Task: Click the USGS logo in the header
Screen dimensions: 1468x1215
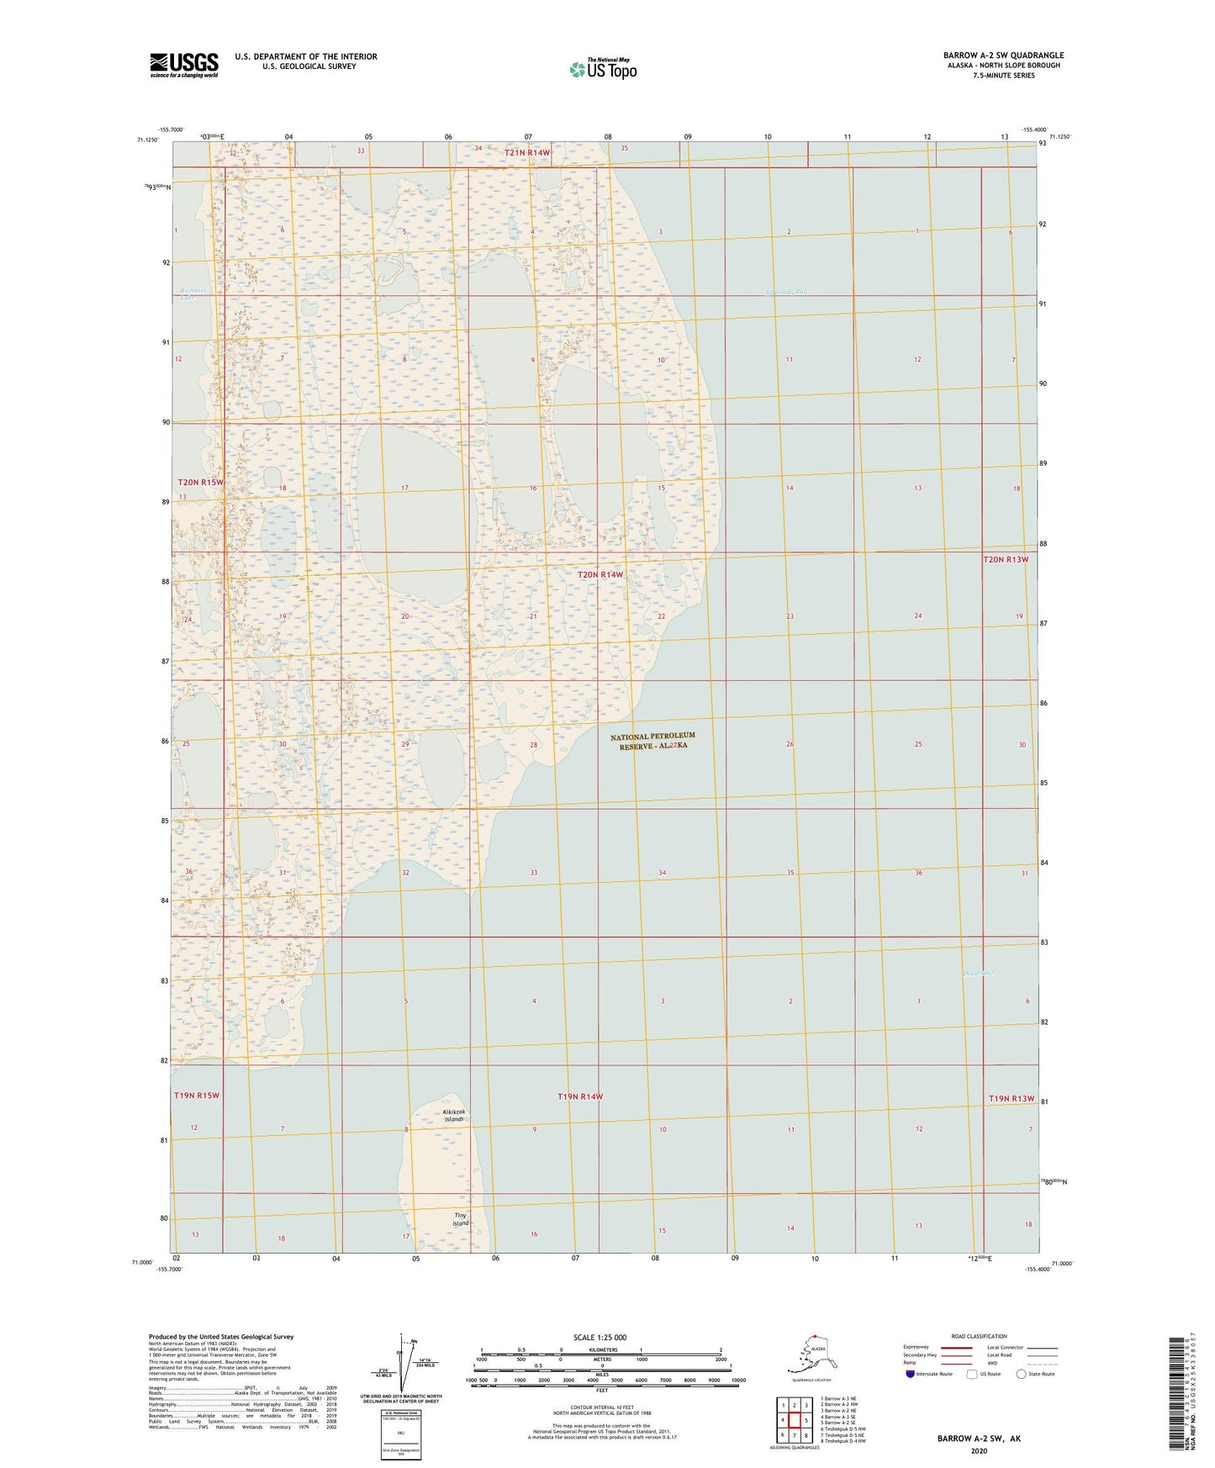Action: click(184, 65)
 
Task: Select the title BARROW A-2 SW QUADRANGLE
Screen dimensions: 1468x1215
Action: click(1002, 55)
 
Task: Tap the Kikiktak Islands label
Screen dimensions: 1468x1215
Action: click(454, 1116)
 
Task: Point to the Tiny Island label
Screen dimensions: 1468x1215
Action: click(461, 1219)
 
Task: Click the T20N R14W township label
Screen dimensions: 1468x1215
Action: click(600, 575)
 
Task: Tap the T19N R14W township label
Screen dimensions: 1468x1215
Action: click(580, 1096)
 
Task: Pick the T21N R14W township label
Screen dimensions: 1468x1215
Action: click(527, 152)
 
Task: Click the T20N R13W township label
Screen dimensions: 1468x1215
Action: click(1006, 559)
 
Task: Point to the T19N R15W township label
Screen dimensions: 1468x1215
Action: click(197, 1096)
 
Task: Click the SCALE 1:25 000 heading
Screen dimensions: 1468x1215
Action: click(600, 1337)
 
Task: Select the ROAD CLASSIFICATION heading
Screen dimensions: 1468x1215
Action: click(979, 1336)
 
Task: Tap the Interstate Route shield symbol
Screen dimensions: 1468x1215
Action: click(911, 1373)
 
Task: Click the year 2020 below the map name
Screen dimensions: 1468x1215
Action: click(979, 1450)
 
